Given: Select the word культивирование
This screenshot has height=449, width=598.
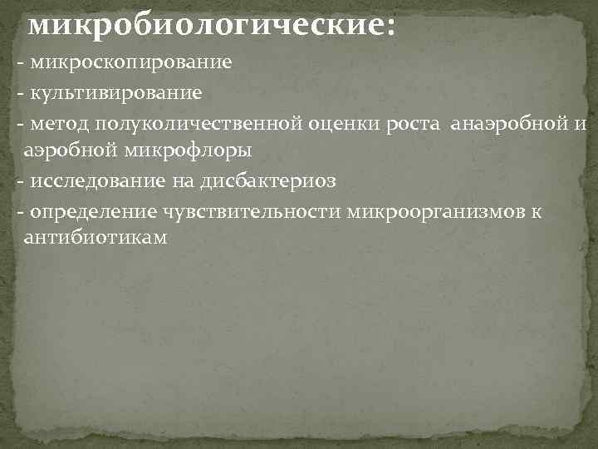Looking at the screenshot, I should coord(115,91).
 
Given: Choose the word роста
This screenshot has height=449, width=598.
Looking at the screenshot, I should coord(413,124).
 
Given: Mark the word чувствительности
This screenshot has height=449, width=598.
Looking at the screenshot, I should coord(250,210).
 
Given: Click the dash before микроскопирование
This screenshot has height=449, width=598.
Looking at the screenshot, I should coord(19,63).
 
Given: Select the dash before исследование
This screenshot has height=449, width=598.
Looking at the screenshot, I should coord(19,181).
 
